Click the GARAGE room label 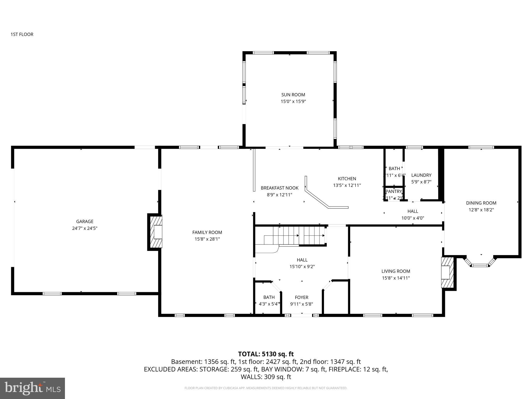pyautogui.click(x=85, y=221)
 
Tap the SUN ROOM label pyautogui.click(x=293, y=95)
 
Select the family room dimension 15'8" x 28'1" pyautogui.click(x=207, y=239)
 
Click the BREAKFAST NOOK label pyautogui.click(x=280, y=188)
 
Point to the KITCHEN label pyautogui.click(x=347, y=178)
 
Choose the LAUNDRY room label pyautogui.click(x=421, y=175)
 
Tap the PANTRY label pyautogui.click(x=394, y=191)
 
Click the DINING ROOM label pyautogui.click(x=481, y=203)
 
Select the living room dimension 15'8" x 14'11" pyautogui.click(x=396, y=278)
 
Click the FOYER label pyautogui.click(x=301, y=297)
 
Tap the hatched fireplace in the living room pyautogui.click(x=447, y=272)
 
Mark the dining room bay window pyautogui.click(x=480, y=263)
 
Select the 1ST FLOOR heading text pyautogui.click(x=22, y=34)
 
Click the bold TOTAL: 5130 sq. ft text pyautogui.click(x=266, y=354)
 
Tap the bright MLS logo pyautogui.click(x=32, y=388)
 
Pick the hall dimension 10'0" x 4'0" pyautogui.click(x=413, y=218)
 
